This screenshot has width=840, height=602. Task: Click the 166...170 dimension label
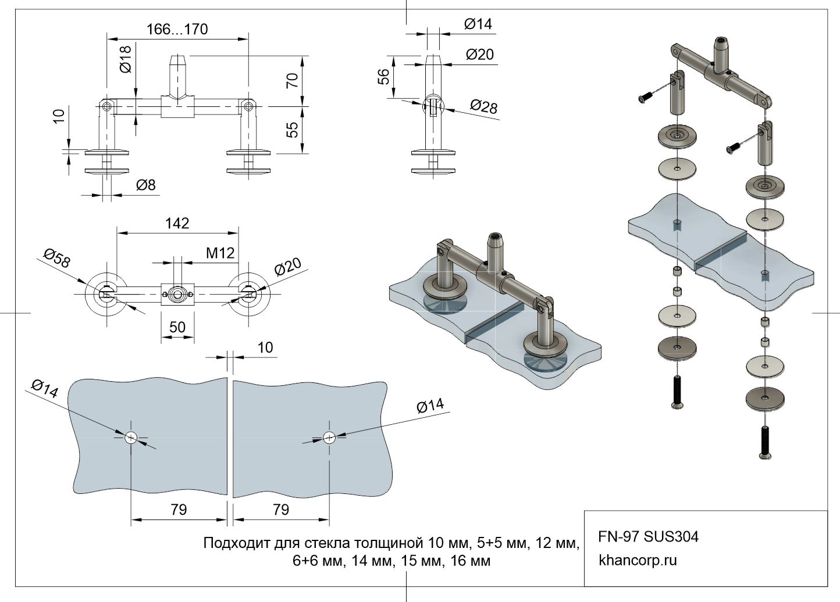(x=177, y=29)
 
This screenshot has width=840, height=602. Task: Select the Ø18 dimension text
(x=126, y=59)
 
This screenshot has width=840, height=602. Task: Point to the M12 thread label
(x=220, y=253)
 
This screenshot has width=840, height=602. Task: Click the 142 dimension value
(x=177, y=224)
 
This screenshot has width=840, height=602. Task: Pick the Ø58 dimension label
(x=56, y=258)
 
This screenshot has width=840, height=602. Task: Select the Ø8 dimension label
(x=146, y=185)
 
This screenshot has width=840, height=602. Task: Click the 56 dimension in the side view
(x=384, y=77)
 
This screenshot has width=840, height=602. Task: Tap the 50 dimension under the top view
(x=177, y=327)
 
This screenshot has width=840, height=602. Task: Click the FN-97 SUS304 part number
(x=648, y=536)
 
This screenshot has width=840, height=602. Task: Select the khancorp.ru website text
(x=638, y=561)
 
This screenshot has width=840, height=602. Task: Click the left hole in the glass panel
(x=131, y=438)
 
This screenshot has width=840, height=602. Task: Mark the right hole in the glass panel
(x=329, y=438)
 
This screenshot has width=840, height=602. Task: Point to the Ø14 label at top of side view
(x=478, y=24)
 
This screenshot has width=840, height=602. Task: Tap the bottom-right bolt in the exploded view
(x=765, y=442)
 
